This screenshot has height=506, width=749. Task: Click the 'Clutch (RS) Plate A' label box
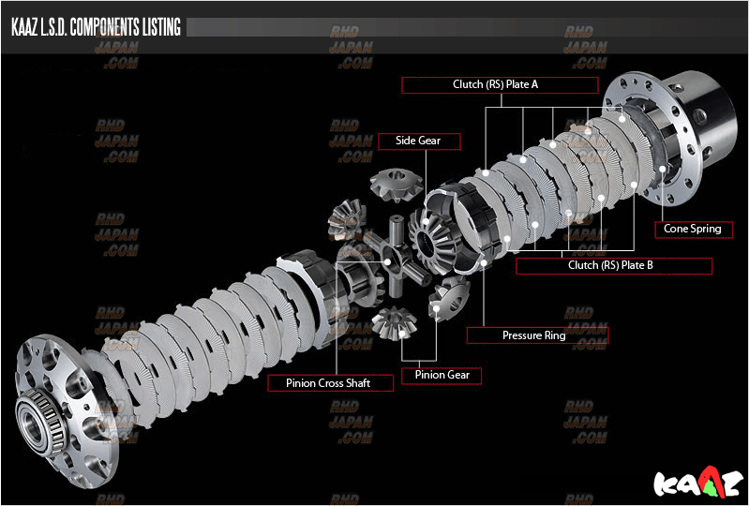click(500, 84)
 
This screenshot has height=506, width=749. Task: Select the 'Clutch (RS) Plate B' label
click(613, 265)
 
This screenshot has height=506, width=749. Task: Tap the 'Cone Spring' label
click(692, 229)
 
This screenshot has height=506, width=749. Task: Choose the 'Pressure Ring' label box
click(537, 335)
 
